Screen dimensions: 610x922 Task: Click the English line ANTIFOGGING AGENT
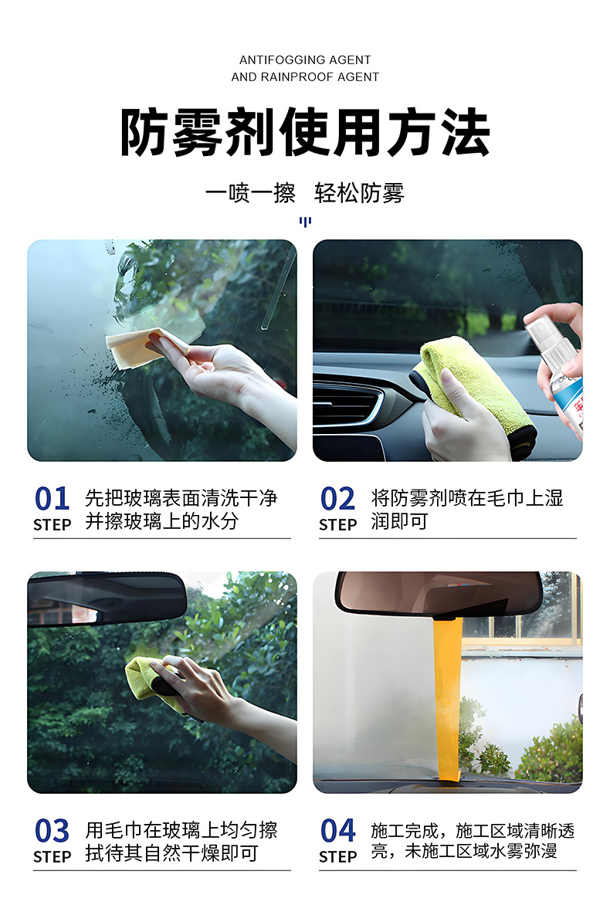pos(305,60)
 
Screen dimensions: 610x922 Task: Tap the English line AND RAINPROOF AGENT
pos(305,77)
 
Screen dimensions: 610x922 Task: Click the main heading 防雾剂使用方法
pos(305,132)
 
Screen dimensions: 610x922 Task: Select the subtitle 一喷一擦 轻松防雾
pos(305,193)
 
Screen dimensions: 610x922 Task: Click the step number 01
pos(52,499)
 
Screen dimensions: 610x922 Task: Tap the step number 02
pos(337,499)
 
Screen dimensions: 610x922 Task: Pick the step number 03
pos(52,831)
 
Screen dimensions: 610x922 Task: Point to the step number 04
pos(337,831)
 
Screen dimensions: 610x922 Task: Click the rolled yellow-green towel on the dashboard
pos(476,393)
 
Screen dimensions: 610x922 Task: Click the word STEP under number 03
pos(52,856)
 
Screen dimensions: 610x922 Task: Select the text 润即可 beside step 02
pos(399,521)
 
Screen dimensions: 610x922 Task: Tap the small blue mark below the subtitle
pos(305,222)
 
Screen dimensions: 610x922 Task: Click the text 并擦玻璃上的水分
pos(161,521)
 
